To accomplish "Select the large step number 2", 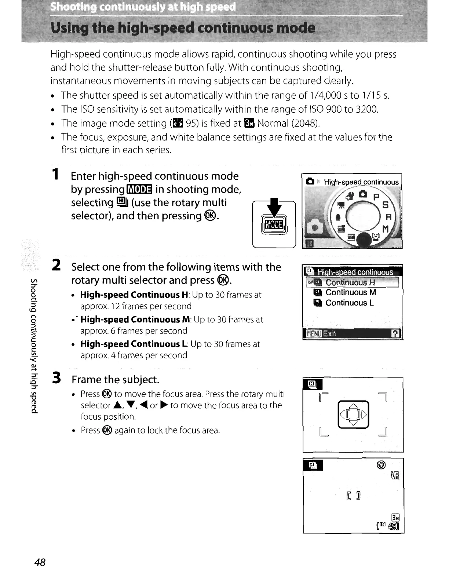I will click(56, 265).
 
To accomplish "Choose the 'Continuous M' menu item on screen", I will click(351, 292).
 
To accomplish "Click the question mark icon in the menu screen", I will click(395, 333).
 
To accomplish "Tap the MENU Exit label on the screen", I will click(321, 333).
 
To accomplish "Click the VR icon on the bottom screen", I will click(395, 476).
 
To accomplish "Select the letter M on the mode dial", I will click(385, 229).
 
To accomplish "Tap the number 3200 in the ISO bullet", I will click(366, 109).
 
